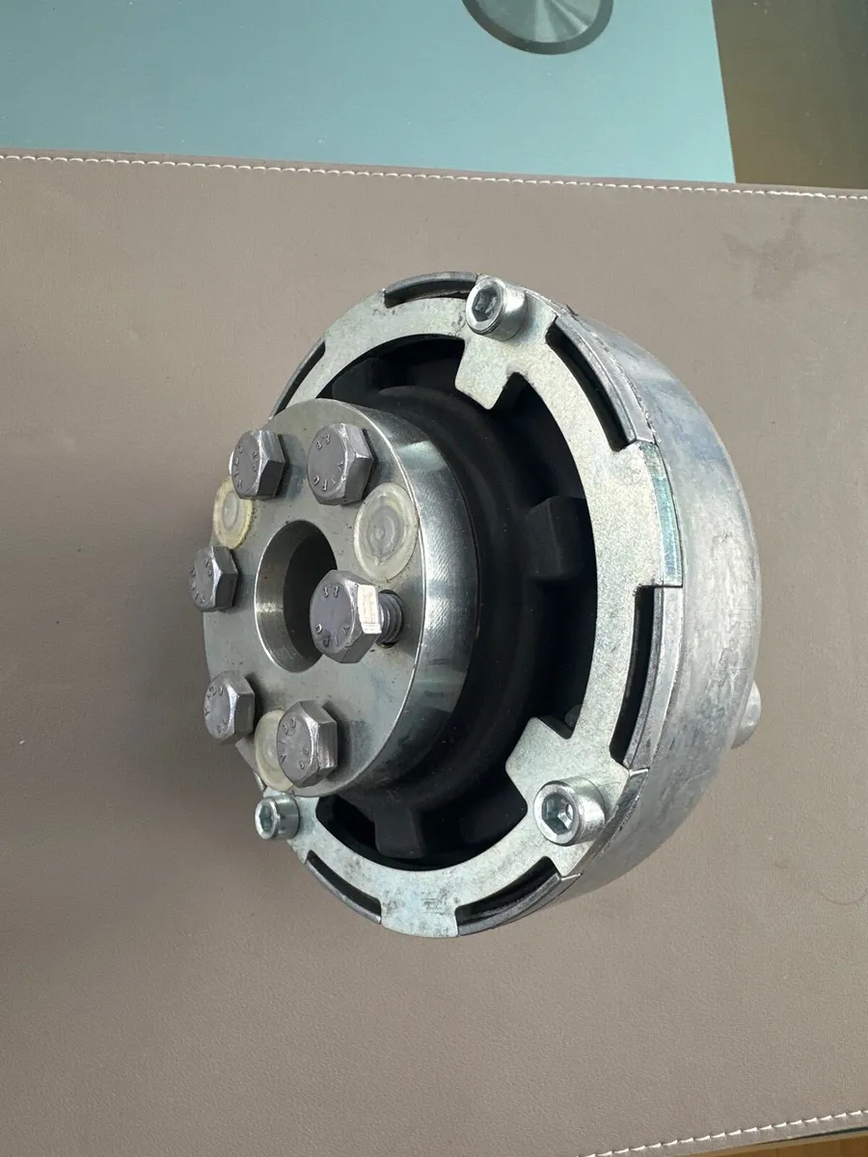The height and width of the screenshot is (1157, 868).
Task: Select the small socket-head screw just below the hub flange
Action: click(x=278, y=817)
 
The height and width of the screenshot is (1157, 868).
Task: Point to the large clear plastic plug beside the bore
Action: click(x=387, y=529)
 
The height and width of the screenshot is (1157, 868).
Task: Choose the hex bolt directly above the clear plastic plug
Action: click(x=339, y=463)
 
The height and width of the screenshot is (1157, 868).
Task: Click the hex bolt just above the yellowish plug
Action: click(x=258, y=463)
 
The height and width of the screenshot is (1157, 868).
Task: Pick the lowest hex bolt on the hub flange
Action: click(x=307, y=742)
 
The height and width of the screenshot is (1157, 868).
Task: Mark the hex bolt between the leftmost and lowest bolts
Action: click(x=229, y=706)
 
